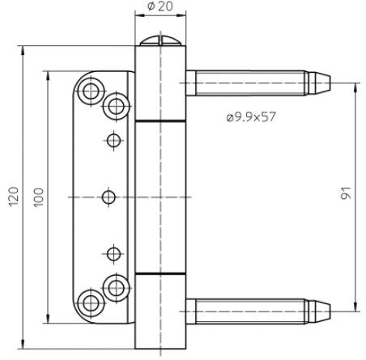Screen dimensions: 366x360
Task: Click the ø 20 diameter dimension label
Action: pos(160,6)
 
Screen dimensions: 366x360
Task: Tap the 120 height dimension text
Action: pos(14,197)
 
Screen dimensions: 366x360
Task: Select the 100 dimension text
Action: pos(38,197)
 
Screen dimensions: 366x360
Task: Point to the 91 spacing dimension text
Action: pos(346,193)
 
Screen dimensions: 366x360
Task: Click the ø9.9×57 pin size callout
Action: pos(251,117)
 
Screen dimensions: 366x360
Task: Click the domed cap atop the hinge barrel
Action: pos(160,40)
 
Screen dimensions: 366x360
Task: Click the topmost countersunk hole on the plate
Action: pos(91,91)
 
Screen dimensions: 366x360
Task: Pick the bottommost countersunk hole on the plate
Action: pos(91,303)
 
